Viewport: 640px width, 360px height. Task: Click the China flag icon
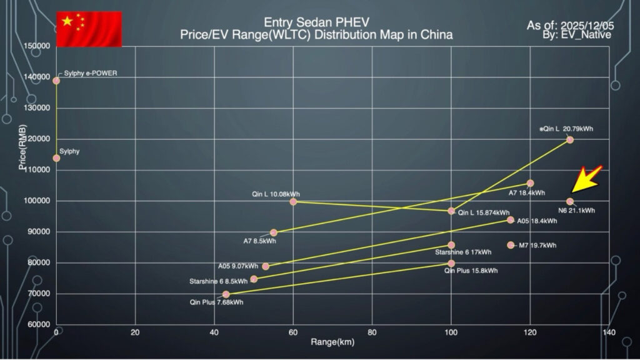point(89,29)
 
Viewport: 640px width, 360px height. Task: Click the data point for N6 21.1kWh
point(570,201)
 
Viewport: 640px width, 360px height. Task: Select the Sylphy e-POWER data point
point(56,81)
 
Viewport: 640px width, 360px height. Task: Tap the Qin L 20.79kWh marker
point(570,139)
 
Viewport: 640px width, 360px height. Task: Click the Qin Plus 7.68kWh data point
point(226,294)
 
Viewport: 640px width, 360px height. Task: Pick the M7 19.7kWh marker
point(511,245)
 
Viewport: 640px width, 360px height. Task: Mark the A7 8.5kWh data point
point(273,232)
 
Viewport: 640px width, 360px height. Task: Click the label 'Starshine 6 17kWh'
point(463,252)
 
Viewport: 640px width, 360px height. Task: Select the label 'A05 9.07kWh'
point(238,266)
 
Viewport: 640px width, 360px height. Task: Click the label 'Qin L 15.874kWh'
point(485,212)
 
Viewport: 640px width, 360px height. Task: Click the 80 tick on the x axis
point(372,332)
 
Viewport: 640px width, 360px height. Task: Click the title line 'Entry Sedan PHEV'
point(316,22)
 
